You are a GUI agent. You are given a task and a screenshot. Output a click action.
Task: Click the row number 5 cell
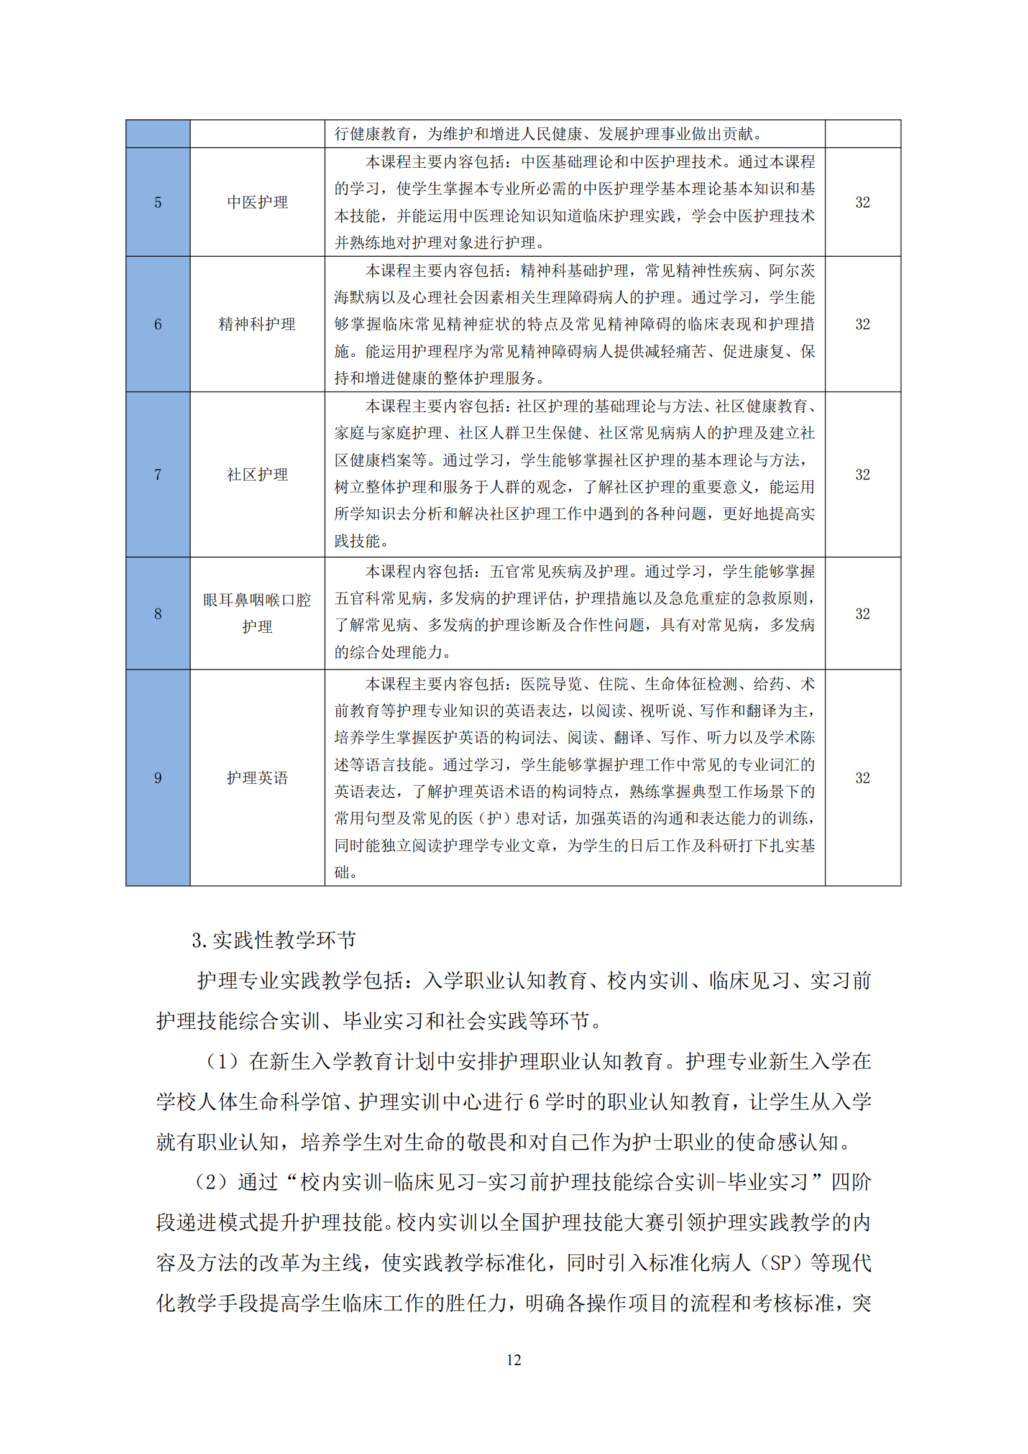pos(158,203)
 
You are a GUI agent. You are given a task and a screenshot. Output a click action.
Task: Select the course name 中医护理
pos(257,203)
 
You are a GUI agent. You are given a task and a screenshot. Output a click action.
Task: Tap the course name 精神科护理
pos(257,324)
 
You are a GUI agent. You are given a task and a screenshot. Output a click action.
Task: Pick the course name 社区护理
pos(257,474)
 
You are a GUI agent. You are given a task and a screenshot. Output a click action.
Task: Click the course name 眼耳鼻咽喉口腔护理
pos(257,613)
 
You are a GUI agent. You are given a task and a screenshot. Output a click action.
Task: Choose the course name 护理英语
pos(257,778)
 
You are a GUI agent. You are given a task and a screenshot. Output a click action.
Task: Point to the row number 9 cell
pos(158,778)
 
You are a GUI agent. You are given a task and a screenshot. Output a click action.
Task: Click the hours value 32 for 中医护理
pos(862,203)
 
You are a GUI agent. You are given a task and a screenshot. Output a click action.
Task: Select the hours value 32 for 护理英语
pos(862,778)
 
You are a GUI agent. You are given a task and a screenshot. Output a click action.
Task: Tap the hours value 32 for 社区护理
pos(862,474)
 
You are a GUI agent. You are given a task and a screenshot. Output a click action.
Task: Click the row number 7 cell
pos(158,474)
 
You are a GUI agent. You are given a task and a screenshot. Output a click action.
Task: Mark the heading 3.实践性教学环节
pos(273,941)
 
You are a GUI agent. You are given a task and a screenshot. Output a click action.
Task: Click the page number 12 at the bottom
pos(513,1360)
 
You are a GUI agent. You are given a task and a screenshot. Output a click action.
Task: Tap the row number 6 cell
pos(158,324)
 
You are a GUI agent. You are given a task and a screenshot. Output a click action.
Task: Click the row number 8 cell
pos(158,613)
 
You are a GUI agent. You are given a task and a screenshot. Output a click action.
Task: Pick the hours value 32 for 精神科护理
pos(862,324)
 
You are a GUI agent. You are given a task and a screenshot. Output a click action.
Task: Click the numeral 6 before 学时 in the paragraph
pos(534,1103)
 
